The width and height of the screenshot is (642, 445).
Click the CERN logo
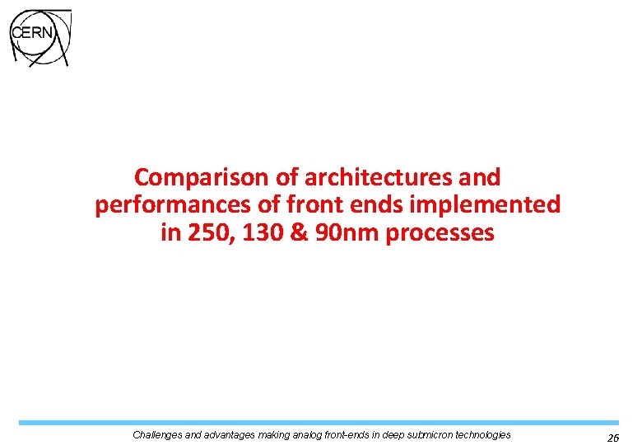(40, 39)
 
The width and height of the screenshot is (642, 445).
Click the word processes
(440, 233)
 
